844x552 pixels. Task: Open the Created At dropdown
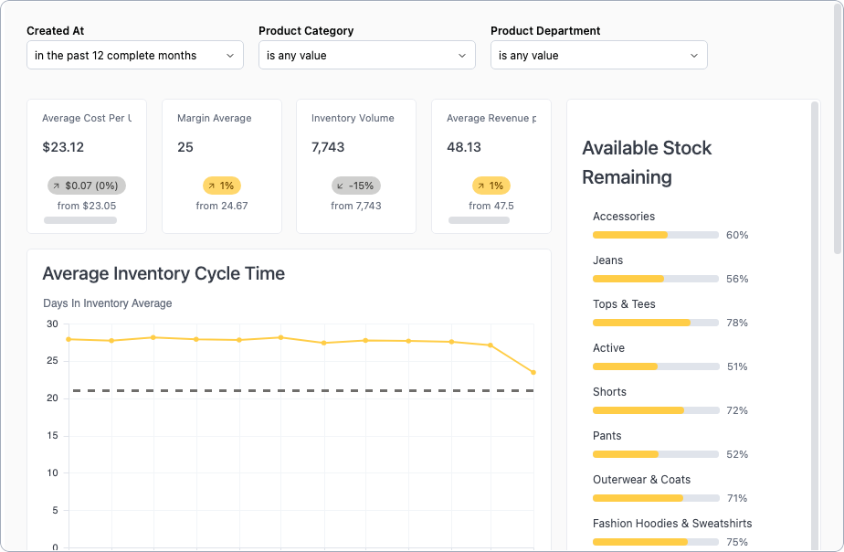135,56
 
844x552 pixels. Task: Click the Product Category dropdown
367,56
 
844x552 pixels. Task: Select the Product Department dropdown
599,56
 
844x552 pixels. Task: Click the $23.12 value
63,147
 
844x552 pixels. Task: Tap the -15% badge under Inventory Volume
356,186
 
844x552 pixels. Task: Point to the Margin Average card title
215,119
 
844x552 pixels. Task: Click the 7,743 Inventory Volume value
328,147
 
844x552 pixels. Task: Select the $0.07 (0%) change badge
87,186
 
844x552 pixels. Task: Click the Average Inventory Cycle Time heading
164,273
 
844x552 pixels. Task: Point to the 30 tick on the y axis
51,324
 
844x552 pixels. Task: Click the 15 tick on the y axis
51,436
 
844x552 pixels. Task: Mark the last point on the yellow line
533,372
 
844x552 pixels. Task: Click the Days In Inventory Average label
108,303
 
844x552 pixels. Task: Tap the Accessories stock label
624,217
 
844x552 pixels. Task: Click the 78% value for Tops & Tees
737,323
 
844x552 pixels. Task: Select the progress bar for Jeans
655,279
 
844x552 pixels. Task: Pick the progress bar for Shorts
655,410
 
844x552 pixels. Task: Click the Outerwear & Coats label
641,480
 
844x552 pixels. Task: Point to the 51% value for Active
737,366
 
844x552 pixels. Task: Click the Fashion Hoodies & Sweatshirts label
672,524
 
